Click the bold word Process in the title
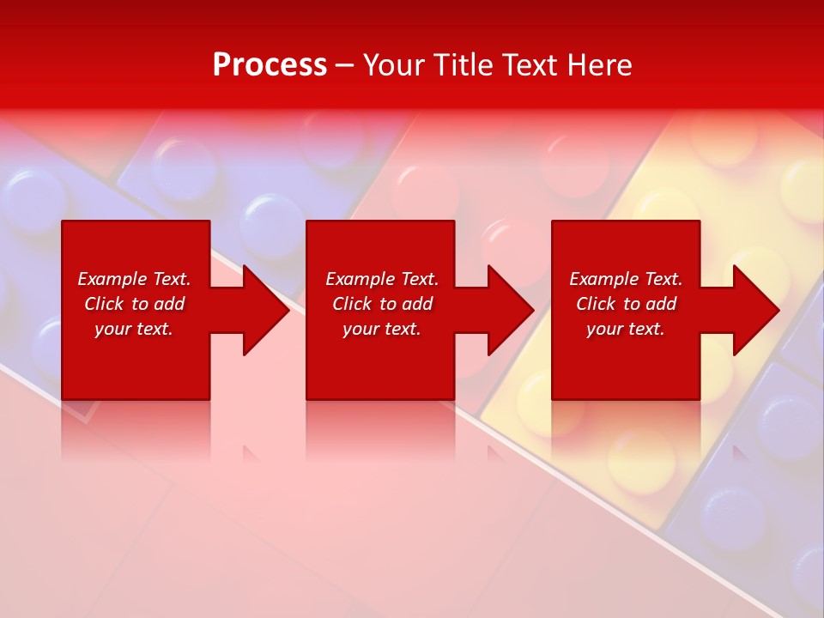pos(270,65)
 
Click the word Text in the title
pos(532,65)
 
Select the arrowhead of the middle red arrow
pos(509,310)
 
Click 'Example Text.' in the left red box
pos(134,279)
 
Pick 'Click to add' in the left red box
pos(134,304)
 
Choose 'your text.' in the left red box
pos(134,329)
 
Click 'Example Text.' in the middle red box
pos(382,279)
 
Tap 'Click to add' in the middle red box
pos(382,304)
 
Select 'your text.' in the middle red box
pos(382,329)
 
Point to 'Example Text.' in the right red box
pos(626,279)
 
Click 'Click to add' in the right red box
pos(626,304)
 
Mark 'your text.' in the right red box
pos(626,329)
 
